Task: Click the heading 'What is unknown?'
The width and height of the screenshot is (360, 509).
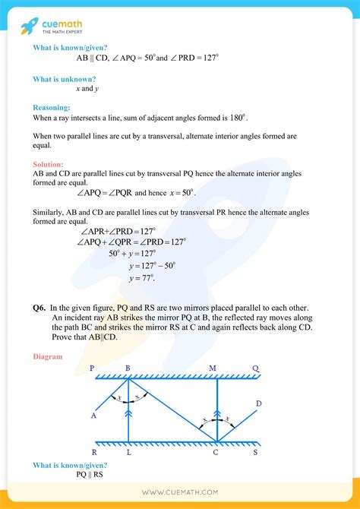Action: [64, 79]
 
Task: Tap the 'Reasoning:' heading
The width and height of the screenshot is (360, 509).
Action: [52, 108]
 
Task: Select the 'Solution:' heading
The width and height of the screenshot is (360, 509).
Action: [49, 164]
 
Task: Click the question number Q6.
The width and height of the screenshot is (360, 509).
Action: [39, 307]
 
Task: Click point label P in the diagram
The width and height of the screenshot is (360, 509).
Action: [92, 368]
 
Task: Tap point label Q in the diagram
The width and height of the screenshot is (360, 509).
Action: [255, 368]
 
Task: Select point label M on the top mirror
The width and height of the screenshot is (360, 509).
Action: [213, 368]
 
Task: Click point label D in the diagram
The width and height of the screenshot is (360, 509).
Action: [259, 403]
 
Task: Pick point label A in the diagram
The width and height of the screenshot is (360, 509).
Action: [93, 416]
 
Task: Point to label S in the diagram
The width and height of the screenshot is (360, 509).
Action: [254, 452]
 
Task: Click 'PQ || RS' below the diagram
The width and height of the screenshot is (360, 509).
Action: [90, 475]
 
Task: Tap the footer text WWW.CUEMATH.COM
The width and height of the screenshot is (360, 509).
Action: [179, 493]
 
